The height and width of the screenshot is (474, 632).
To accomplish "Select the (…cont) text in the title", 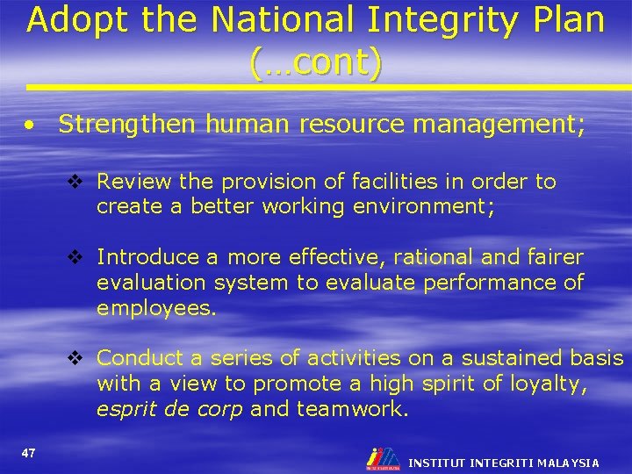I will click(x=316, y=63).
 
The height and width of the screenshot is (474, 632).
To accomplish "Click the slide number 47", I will click(x=28, y=453).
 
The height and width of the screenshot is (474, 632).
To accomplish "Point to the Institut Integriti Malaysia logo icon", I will click(x=384, y=459).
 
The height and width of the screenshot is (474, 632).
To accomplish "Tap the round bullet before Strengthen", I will click(x=31, y=126).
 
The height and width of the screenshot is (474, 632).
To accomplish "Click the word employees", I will click(x=155, y=308).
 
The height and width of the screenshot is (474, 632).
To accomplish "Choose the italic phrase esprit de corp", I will click(x=169, y=409).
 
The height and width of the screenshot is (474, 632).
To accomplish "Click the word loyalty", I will click(x=557, y=384).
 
